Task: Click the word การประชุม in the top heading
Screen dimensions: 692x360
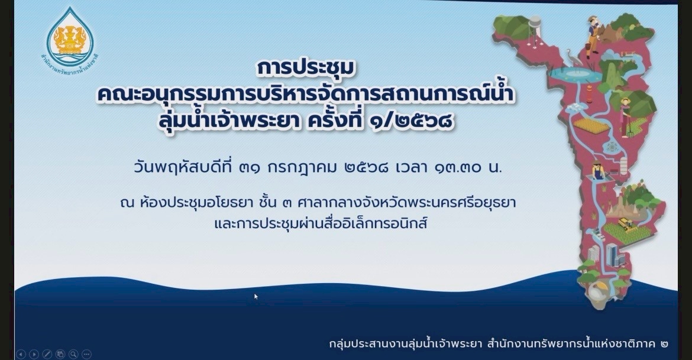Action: (306, 68)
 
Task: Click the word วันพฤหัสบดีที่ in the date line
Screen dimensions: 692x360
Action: (184, 168)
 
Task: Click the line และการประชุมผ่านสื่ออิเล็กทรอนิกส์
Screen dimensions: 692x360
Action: (321, 223)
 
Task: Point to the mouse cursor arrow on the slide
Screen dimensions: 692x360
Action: (256, 297)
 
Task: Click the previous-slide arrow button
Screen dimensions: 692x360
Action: (21, 354)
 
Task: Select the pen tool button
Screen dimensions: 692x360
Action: (47, 354)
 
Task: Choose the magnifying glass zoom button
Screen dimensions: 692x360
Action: (73, 354)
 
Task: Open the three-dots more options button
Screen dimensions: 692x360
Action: (86, 354)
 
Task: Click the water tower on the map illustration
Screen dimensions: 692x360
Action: (535, 31)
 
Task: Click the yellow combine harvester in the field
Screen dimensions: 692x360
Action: (628, 223)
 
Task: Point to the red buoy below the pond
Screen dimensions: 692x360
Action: (589, 93)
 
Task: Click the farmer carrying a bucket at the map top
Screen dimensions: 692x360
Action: (593, 37)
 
